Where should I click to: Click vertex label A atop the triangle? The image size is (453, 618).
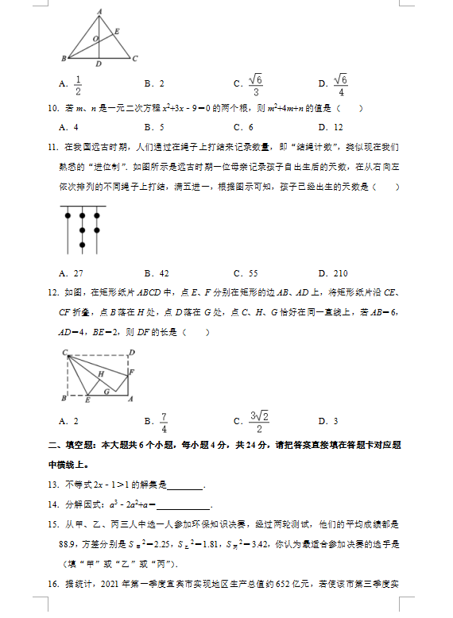(99, 11)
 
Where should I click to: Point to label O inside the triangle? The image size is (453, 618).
(95, 37)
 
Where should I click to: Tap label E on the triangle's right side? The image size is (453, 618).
(117, 32)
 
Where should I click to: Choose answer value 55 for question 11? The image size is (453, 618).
(253, 273)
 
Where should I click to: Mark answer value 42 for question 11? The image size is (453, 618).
(163, 273)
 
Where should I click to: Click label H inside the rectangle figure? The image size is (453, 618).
(101, 373)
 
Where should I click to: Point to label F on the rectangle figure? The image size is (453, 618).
(132, 372)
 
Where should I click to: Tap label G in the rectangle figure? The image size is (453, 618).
(106, 391)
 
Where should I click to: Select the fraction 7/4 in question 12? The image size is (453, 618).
(163, 421)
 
